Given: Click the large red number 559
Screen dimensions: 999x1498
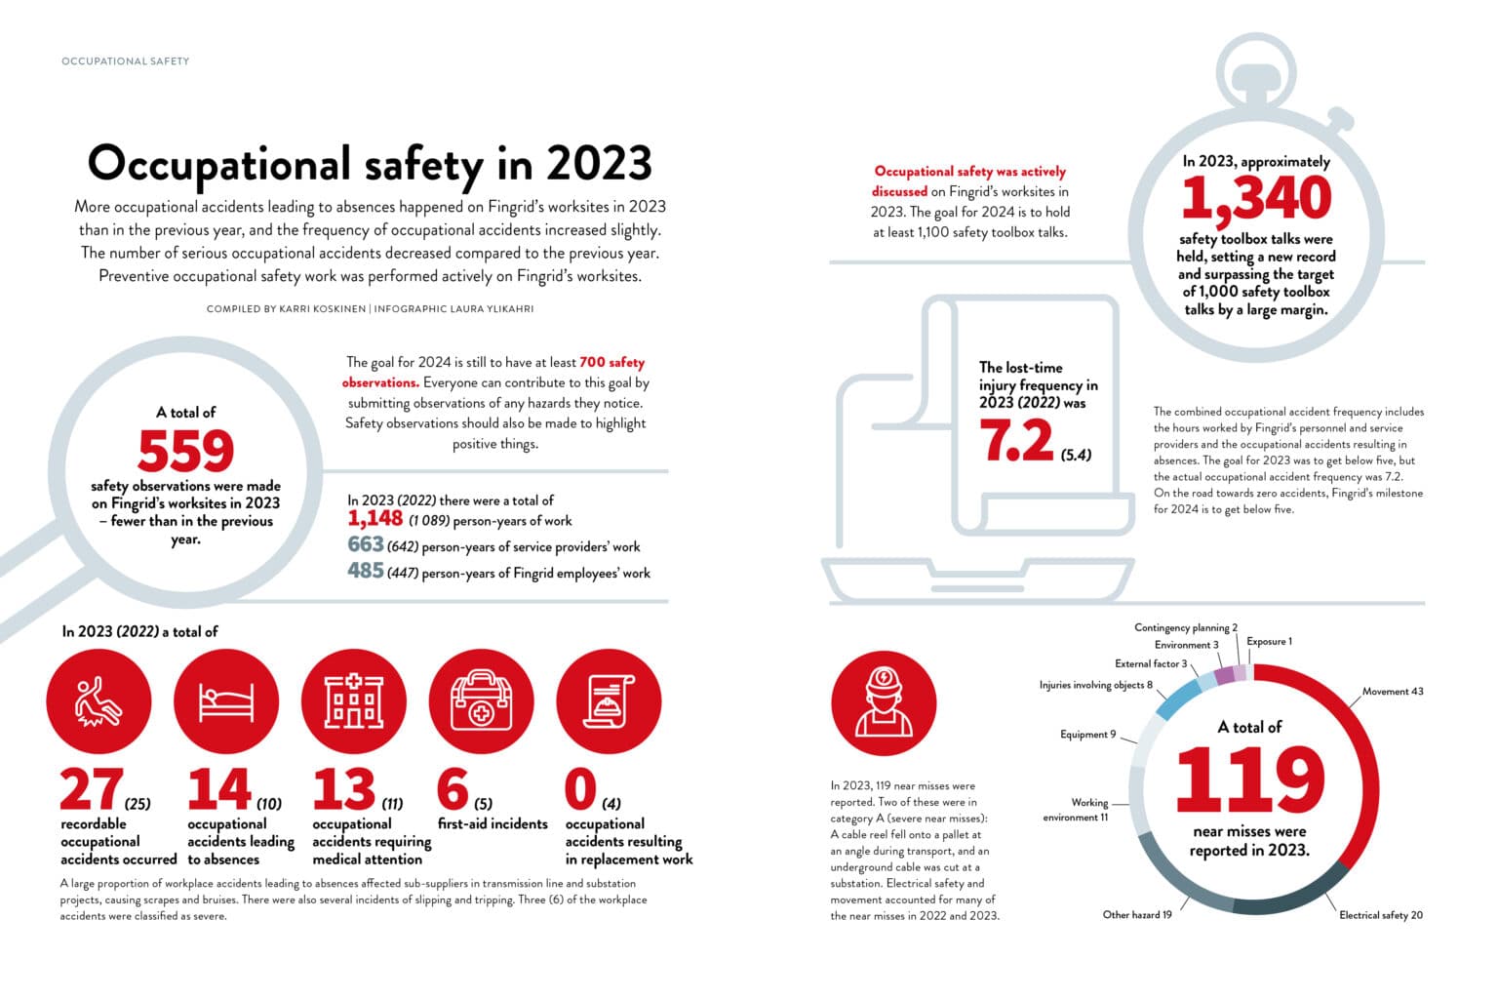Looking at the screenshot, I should (185, 451).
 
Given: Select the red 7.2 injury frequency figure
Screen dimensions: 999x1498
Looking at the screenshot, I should (1017, 442).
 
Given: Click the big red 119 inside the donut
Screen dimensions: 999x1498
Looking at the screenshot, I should (1249, 780).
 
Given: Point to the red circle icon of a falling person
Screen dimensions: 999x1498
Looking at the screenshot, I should (99, 702).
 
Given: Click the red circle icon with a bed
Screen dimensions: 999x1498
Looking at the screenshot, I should (226, 702).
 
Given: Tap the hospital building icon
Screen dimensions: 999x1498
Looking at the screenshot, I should (354, 702).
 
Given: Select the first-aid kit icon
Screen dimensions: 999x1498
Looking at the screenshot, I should (481, 702).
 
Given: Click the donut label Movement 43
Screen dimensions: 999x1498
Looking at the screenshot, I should (1392, 692).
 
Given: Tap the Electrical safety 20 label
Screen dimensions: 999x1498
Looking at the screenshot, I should (1380, 915).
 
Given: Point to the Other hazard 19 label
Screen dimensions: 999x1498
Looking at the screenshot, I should (1137, 915).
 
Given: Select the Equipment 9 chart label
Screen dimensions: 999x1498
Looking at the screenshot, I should (1087, 735).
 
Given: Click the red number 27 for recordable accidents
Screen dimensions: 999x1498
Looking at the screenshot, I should (91, 789).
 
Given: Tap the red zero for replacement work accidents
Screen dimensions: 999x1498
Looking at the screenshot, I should (580, 789).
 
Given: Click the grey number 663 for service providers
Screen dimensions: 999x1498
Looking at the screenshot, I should (365, 544).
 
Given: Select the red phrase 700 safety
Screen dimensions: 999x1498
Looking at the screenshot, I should (611, 362).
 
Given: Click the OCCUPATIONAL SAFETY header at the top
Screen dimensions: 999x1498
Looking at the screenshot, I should (125, 61).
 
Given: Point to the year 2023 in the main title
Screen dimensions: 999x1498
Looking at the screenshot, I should (598, 164).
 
